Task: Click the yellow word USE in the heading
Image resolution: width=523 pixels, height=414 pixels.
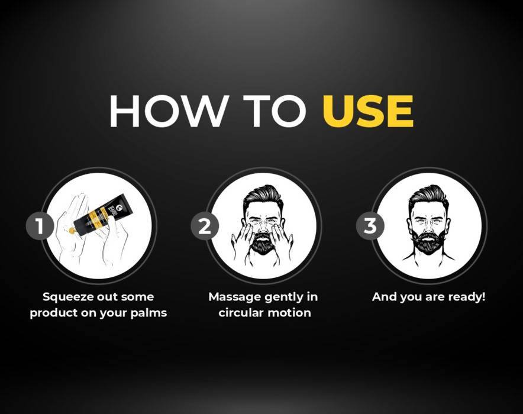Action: (368, 111)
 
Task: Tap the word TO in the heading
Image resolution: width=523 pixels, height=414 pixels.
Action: (274, 111)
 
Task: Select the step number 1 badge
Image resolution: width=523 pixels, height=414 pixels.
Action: (40, 226)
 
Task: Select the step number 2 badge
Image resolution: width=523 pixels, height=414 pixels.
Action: (205, 226)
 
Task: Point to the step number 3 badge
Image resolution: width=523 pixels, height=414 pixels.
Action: (370, 226)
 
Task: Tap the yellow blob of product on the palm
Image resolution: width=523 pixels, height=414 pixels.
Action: (72, 230)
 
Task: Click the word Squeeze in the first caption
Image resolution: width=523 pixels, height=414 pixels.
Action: (68, 297)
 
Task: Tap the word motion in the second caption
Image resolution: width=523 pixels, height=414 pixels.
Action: (289, 313)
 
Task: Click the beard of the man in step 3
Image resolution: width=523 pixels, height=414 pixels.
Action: (428, 242)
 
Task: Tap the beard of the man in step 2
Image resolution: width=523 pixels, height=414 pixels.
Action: (263, 243)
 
